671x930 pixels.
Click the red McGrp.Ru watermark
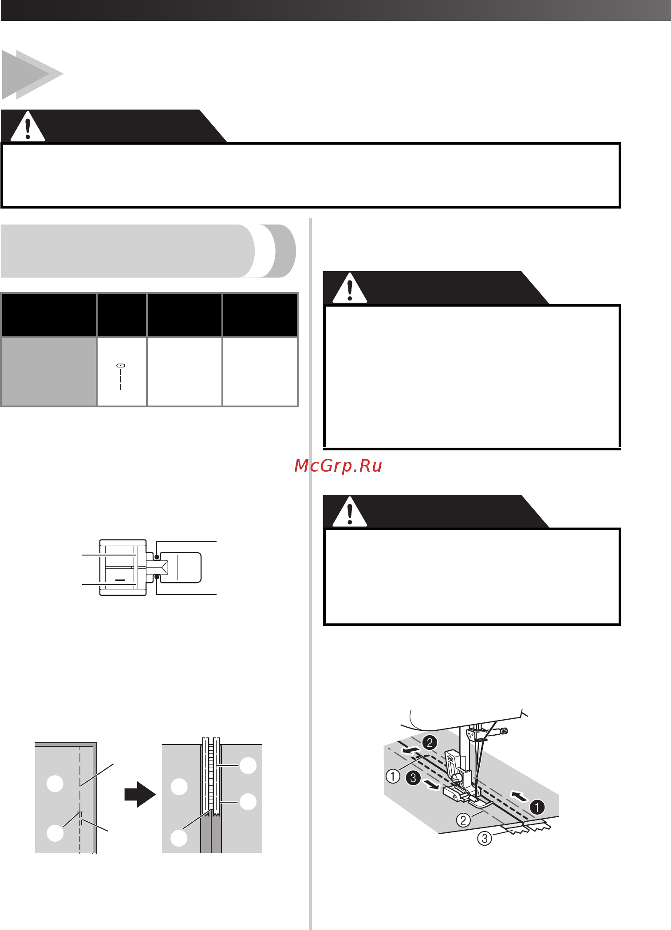[338, 466]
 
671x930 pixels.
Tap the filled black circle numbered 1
[537, 807]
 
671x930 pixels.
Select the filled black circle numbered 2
[430, 743]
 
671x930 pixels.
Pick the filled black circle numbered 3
[413, 778]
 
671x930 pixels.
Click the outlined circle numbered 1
[393, 776]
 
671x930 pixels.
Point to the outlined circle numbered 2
[463, 820]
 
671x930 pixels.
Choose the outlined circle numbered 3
[485, 839]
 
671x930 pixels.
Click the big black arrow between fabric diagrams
[140, 794]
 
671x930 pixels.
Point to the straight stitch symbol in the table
[121, 377]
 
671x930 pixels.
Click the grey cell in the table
[49, 372]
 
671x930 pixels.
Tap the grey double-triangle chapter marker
[32, 75]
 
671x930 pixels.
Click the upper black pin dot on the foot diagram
[156, 557]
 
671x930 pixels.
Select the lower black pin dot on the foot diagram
[157, 577]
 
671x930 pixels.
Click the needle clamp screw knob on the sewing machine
[504, 731]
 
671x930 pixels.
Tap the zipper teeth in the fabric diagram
[210, 776]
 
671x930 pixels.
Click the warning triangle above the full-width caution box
[28, 126]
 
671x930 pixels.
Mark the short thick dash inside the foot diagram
[120, 580]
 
